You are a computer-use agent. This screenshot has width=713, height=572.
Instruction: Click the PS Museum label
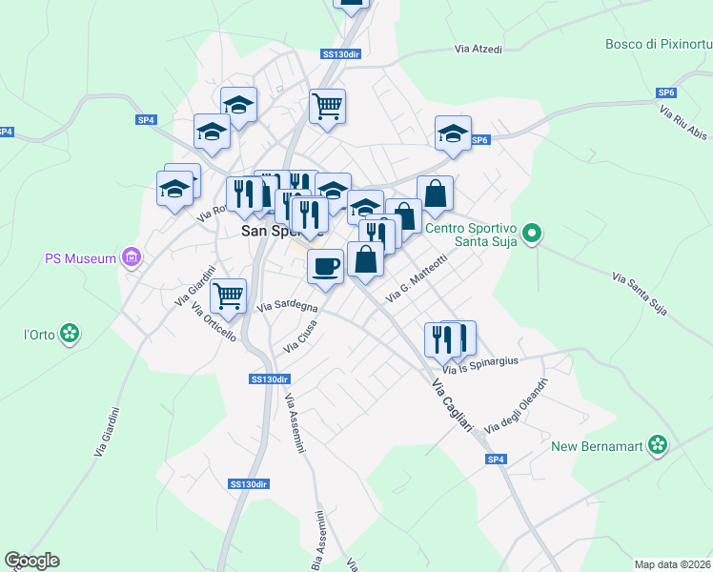point(80,258)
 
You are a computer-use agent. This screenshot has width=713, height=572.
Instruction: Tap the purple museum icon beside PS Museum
point(132,257)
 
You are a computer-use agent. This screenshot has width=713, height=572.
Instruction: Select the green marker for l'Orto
point(69,333)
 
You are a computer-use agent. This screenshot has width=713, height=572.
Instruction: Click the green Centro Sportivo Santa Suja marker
point(532,233)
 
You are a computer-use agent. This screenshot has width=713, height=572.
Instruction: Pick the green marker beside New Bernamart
point(656,444)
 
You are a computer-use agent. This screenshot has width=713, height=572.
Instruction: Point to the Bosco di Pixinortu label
point(658,44)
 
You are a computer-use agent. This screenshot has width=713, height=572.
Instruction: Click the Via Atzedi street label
point(478,49)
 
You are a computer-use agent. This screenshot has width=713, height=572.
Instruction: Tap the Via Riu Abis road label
point(683,123)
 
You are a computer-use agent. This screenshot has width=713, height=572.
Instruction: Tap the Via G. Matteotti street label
point(416,280)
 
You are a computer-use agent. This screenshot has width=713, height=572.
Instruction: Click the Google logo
point(31,561)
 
